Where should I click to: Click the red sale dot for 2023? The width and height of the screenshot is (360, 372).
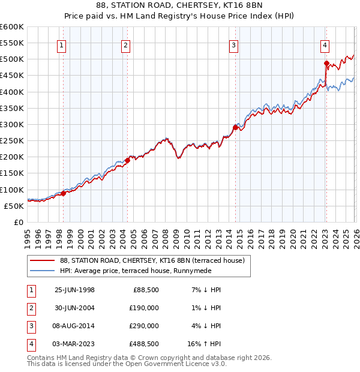click(x=326, y=63)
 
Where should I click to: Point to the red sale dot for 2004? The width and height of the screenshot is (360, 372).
click(x=127, y=160)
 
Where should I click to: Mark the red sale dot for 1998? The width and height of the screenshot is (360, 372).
click(x=64, y=193)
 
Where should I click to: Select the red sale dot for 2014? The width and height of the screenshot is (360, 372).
click(x=235, y=127)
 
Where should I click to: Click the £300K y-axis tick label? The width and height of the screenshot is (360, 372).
click(x=12, y=124)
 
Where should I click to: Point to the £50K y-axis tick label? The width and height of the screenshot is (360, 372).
click(x=14, y=206)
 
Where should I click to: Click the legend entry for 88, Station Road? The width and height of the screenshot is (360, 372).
click(x=152, y=261)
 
